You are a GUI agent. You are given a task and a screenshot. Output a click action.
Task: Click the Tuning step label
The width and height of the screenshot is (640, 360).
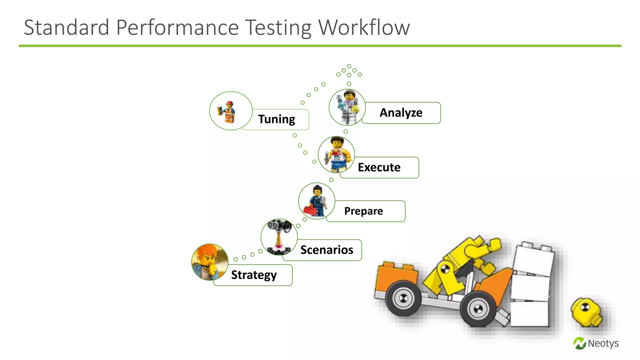click(277, 119)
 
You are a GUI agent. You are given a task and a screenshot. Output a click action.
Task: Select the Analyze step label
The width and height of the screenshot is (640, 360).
click(401, 113)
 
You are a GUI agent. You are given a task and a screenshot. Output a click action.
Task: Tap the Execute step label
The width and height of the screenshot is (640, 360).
click(379, 167)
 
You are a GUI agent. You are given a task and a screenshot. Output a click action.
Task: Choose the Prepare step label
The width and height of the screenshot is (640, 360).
click(363, 211)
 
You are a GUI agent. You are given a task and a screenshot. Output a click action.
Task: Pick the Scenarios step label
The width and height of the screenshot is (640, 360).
click(327, 250)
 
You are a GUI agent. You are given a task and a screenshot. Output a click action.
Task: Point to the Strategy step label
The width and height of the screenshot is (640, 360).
click(254, 275)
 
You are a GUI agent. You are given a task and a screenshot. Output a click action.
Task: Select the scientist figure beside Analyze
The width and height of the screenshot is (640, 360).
click(347, 107)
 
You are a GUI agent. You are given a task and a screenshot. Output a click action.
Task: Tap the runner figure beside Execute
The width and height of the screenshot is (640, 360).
click(336, 155)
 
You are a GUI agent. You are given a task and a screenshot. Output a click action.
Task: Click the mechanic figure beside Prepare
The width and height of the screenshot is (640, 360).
click(316, 201)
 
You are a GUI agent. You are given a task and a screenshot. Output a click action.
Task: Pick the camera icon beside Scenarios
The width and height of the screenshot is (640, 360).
click(279, 237)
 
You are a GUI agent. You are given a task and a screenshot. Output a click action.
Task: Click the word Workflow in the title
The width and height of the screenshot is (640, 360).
click(364, 27)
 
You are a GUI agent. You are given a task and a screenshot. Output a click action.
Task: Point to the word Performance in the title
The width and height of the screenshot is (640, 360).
click(177, 27)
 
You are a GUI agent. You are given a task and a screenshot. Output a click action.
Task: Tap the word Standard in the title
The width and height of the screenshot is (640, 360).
click(66, 27)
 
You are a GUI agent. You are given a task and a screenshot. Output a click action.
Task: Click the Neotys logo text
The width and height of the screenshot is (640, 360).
click(603, 343)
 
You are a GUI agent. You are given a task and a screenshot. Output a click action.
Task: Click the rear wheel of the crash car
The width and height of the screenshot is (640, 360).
click(403, 299)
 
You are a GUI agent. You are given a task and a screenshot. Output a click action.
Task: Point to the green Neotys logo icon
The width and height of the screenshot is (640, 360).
click(580, 343)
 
